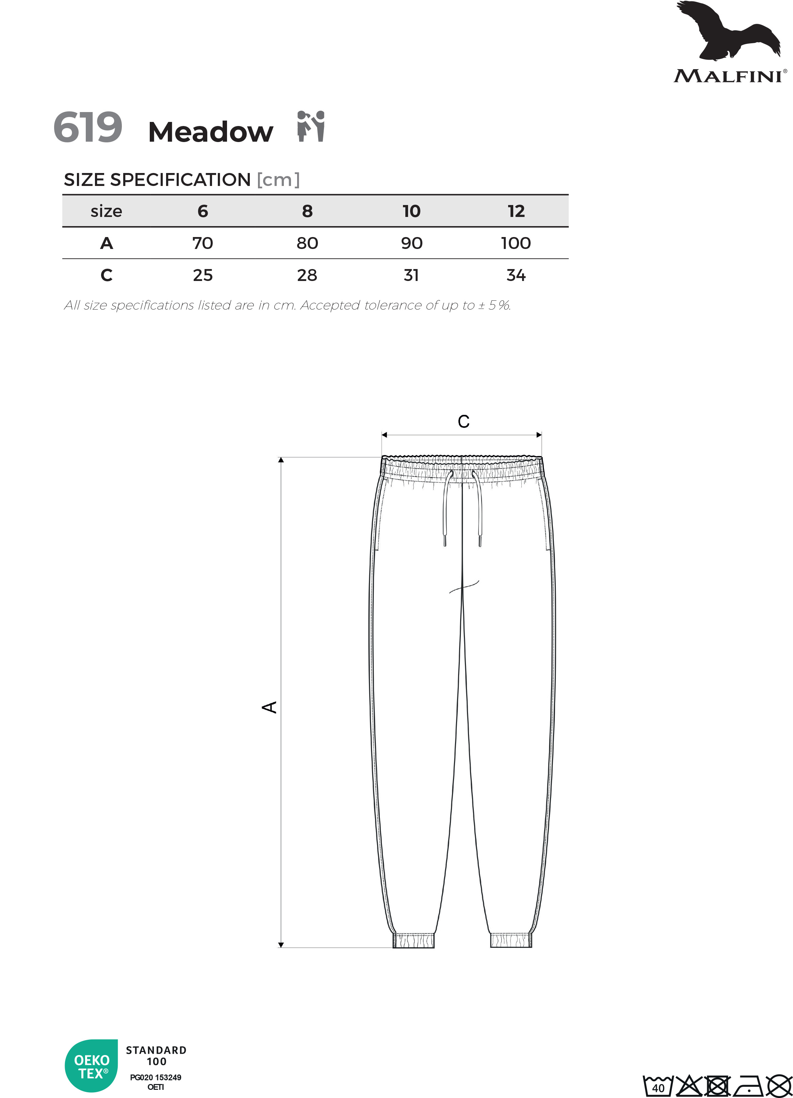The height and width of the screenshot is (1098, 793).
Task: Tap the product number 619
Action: [87, 127]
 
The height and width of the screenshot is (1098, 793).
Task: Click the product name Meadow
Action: [210, 132]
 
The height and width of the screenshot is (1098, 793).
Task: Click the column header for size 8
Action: [307, 211]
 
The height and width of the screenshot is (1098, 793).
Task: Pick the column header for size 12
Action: [516, 211]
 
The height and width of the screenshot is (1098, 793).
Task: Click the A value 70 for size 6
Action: [203, 243]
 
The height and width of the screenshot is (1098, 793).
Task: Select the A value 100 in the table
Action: [516, 243]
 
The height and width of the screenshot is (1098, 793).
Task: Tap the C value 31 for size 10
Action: [411, 275]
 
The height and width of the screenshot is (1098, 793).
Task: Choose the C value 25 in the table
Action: [203, 275]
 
